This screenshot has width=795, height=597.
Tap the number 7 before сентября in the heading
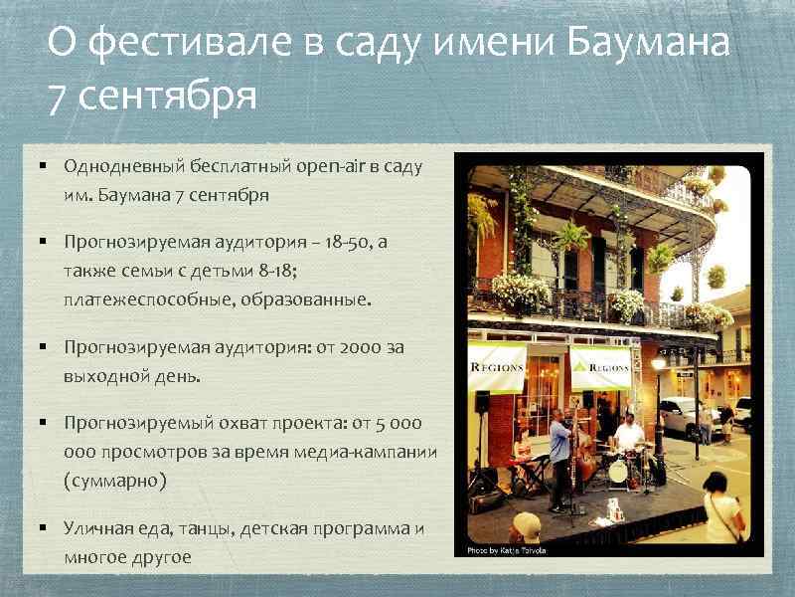pyautogui.click(x=57, y=98)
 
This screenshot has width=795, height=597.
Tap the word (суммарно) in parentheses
pyautogui.click(x=114, y=480)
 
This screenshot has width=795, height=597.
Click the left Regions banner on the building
pyautogui.click(x=497, y=367)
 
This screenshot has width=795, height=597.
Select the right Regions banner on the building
pyautogui.click(x=600, y=367)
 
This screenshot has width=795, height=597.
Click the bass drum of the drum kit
pyautogui.click(x=618, y=472)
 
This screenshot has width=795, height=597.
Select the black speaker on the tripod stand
pyautogui.click(x=482, y=401)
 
